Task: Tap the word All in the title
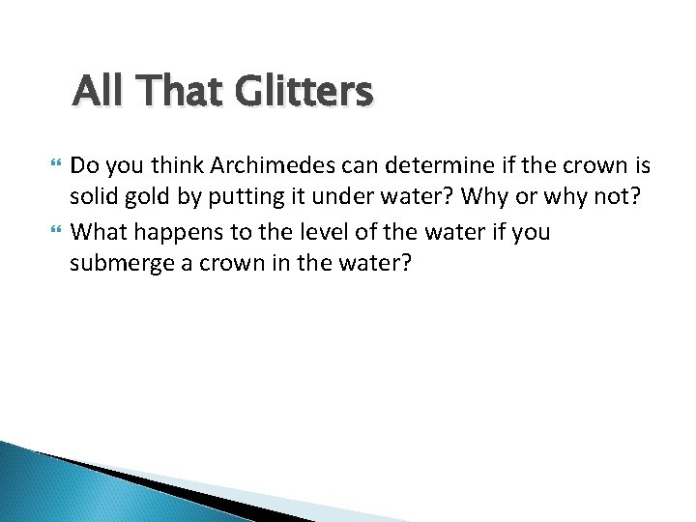[96, 92]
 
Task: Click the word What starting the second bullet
[98, 231]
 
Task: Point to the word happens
[176, 231]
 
